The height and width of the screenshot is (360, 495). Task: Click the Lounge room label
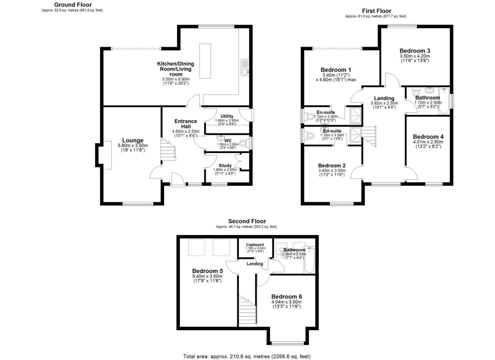133,140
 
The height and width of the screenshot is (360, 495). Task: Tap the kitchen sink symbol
245,68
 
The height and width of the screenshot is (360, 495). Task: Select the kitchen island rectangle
205,61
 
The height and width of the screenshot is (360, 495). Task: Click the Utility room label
227,116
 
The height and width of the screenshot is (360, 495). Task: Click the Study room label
225,165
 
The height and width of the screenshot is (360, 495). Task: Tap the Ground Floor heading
73,5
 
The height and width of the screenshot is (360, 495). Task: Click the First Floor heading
376,11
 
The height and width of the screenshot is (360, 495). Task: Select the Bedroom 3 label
415,51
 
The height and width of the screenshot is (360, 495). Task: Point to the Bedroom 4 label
428,137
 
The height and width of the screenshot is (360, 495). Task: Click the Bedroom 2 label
332,166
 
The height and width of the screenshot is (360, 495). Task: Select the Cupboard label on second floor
255,245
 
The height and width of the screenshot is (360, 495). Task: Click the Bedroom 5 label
207,271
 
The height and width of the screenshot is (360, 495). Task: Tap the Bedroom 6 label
286,296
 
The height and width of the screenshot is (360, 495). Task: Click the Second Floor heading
247,221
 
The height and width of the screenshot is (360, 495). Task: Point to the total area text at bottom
247,356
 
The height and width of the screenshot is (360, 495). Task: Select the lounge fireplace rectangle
107,155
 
